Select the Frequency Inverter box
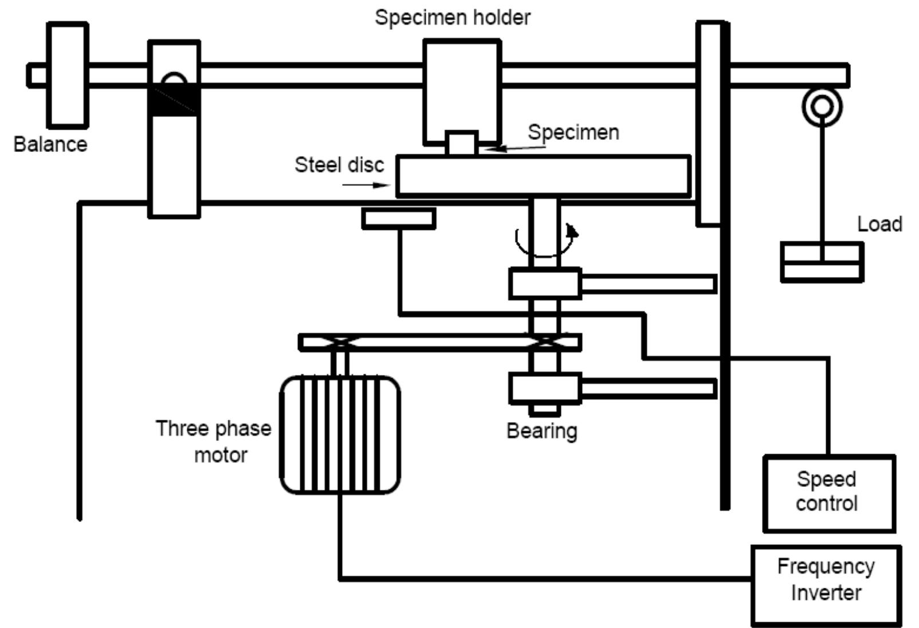pos(826,585)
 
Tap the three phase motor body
pos(340,435)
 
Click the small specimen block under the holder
pos(461,143)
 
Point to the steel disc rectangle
pos(543,175)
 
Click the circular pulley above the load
pos(822,106)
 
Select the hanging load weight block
pos(822,262)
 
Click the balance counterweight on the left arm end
pos(68,75)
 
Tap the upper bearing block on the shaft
pos(545,283)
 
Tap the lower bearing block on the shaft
pos(545,388)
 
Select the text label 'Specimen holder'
pos(453,17)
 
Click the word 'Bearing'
pos(541,430)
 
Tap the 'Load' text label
pos(879,224)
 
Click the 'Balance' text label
pos(50,144)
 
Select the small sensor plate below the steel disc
pos(399,219)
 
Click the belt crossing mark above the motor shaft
pos(340,342)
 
